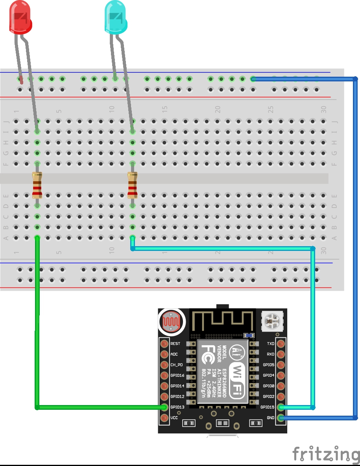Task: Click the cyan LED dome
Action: tap(115, 17)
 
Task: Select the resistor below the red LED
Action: tap(37, 186)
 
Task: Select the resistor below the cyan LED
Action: tap(133, 186)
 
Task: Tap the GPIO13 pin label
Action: tap(177, 407)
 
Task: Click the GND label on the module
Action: tap(271, 418)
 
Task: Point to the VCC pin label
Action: tap(174, 418)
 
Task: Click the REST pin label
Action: tap(175, 343)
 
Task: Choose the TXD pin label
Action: tap(271, 343)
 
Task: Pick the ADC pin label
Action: tap(174, 354)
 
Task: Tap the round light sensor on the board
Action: tap(171, 321)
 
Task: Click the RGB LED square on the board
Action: tap(271, 321)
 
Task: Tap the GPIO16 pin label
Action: tap(177, 375)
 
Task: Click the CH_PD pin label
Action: tap(176, 365)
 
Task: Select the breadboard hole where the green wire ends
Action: tap(37, 237)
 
